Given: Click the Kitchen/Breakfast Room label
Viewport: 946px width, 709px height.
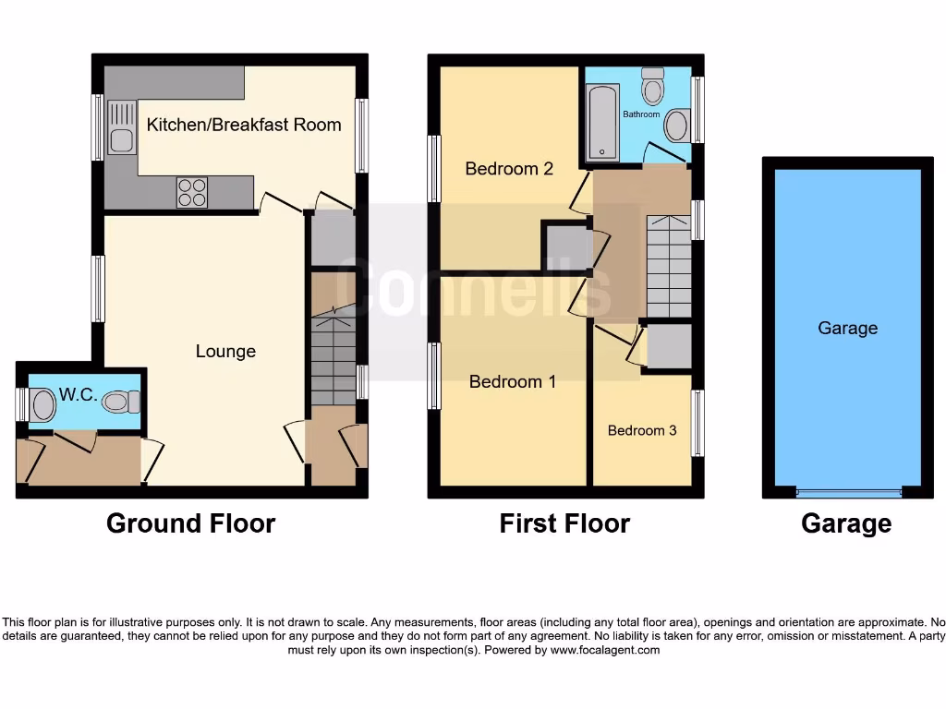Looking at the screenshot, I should point(244,125).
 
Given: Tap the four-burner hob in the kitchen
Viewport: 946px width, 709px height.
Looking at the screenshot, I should point(192,191).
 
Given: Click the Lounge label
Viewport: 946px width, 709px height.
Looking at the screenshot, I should point(225,352).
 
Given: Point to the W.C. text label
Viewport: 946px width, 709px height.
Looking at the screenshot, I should point(78,394).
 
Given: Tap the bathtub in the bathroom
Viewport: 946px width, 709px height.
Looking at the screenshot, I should point(602,122).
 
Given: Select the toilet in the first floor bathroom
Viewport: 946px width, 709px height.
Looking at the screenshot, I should point(654,86).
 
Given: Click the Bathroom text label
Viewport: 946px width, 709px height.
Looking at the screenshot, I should point(641,114).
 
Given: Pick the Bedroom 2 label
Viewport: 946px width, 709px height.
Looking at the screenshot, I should point(509,169).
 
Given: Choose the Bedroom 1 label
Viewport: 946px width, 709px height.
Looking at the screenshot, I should point(513,381).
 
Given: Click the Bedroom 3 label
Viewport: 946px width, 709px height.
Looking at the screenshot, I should point(642,430).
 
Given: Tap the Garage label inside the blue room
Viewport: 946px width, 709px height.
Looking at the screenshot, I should point(847,328).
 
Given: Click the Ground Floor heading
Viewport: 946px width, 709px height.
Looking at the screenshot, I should point(191,523).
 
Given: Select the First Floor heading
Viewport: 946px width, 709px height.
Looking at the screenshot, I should point(564,523).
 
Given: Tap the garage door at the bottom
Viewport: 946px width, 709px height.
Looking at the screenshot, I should point(848,491).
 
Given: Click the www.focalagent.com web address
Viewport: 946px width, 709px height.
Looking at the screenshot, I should point(605,650).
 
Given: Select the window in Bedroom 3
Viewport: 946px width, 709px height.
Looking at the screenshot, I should point(698,423).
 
